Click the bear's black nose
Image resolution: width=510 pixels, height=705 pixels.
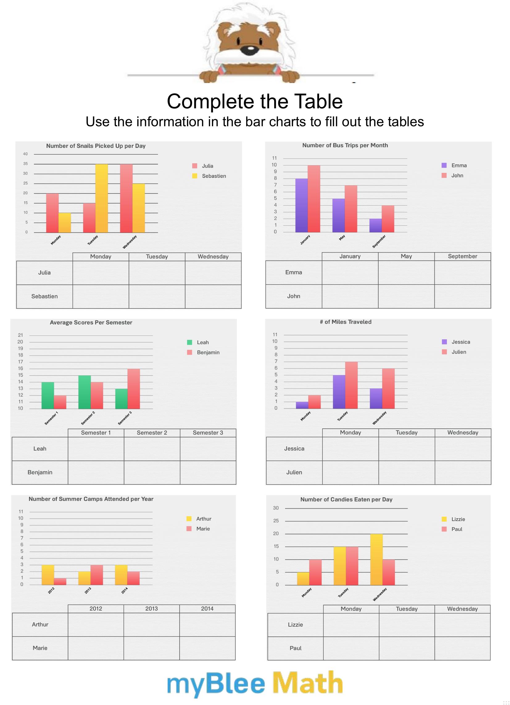250,49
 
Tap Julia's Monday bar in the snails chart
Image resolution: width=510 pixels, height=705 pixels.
52,213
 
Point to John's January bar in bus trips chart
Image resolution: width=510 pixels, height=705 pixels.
314,199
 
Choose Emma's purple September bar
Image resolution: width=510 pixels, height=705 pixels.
375,225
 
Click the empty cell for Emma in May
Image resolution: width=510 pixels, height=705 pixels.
406,272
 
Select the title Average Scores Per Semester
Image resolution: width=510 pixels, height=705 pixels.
91,322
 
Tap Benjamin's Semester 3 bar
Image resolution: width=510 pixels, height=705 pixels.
134,389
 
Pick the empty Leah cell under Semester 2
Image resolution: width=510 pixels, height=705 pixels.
152,448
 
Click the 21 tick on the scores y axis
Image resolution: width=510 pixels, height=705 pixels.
20,335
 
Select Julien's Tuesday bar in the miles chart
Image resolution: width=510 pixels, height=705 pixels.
351,385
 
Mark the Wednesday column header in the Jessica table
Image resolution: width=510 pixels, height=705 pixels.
463,432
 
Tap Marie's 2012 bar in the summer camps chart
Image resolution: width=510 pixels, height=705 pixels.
60,581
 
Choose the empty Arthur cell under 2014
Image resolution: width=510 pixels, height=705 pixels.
207,624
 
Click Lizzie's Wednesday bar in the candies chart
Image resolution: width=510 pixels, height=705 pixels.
376,559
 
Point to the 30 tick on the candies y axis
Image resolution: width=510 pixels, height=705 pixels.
276,508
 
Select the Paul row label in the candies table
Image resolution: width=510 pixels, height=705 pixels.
295,648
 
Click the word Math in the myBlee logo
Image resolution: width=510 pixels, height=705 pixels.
308,682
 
